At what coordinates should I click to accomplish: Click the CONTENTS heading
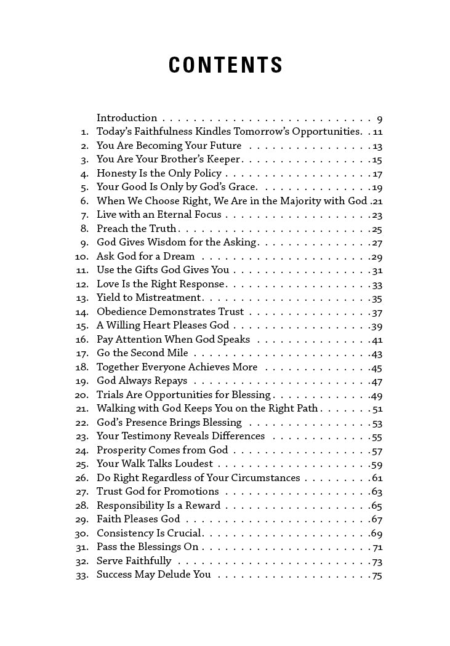[225, 65]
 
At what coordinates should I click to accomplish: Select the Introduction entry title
[127, 118]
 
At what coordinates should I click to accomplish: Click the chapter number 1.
[84, 132]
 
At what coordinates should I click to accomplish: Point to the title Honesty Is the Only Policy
[159, 173]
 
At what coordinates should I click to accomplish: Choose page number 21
[377, 202]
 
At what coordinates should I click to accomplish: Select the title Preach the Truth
[136, 229]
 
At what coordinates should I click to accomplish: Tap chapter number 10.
[82, 257]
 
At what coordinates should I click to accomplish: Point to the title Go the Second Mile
[142, 353]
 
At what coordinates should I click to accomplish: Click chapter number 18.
[82, 367]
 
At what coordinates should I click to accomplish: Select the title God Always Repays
[142, 381]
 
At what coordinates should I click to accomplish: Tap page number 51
[377, 409]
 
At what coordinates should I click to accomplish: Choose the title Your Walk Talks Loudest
[155, 464]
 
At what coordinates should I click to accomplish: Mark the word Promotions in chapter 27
[191, 492]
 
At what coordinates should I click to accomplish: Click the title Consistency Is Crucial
[150, 533]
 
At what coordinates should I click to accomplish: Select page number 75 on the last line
[377, 575]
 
